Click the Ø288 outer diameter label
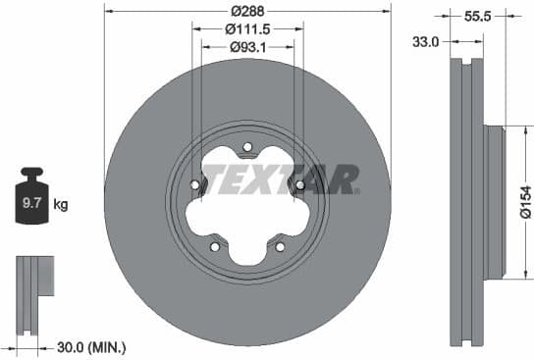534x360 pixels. tap(246, 10)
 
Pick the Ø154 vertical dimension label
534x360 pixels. tap(524, 204)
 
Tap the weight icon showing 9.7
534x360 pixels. tap(32, 202)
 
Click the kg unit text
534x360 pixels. tap(61, 205)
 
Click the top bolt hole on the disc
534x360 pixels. tap(246, 148)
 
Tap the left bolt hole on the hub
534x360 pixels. tap(194, 185)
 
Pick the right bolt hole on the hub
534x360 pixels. tap(298, 185)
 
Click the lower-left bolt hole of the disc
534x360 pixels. tap(214, 246)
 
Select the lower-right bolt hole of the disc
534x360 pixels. tap(279, 246)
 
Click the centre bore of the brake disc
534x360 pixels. tap(246, 204)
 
